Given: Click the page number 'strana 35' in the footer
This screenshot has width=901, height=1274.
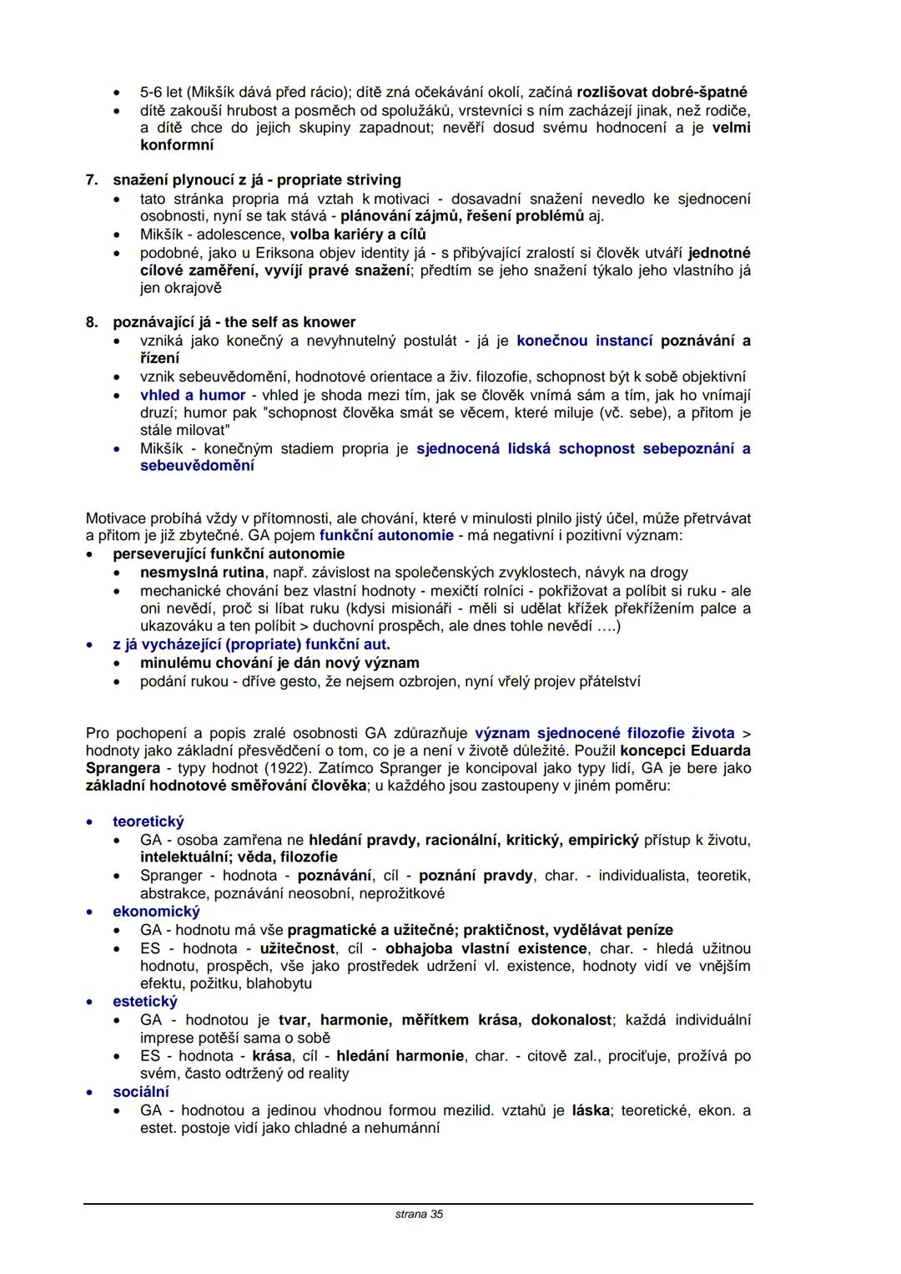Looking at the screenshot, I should (419, 1214).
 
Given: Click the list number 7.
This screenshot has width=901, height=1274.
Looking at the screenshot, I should (92, 180).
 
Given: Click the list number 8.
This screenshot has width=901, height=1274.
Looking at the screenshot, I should (92, 322).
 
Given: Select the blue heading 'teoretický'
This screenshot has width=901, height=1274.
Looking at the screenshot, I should (148, 822).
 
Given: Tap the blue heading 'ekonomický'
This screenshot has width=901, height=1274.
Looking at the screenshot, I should (156, 911).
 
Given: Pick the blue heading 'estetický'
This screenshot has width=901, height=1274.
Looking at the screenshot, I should (145, 1001).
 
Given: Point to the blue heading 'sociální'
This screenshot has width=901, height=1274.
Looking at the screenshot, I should (141, 1091).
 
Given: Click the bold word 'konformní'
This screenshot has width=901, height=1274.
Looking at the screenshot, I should (177, 145).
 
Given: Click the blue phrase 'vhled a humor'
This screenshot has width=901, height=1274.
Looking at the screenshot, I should (193, 395).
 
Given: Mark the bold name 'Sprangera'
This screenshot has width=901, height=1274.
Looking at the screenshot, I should (123, 768).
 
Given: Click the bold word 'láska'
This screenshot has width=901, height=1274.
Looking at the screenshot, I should (591, 1110).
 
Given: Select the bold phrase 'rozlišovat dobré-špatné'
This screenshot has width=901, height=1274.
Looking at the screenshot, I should (662, 92).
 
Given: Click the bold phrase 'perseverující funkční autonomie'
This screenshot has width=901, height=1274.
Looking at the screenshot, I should (229, 554).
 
